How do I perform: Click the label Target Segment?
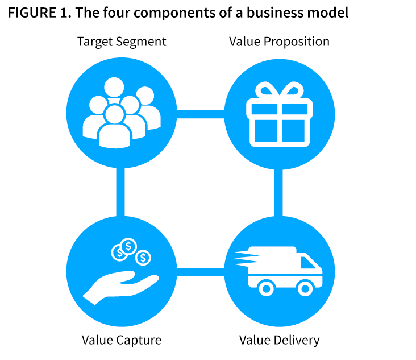click(x=122, y=42)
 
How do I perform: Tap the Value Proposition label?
click(x=279, y=42)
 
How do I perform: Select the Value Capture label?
click(x=122, y=340)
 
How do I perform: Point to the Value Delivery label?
click(x=279, y=340)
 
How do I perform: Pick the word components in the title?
click(x=176, y=13)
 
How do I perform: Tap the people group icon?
click(x=121, y=111)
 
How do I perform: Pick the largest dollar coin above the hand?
click(x=130, y=246)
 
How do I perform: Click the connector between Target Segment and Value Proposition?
click(x=200, y=114)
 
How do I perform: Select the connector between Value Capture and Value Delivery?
click(x=200, y=271)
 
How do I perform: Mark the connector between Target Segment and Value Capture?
click(x=120, y=192)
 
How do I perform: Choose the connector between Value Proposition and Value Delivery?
click(x=278, y=192)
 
